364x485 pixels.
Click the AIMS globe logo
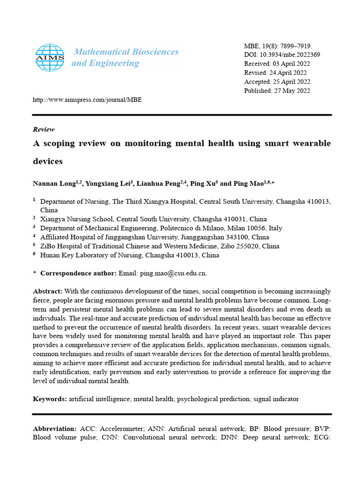(x=50, y=58)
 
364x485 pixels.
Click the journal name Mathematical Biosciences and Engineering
(x=125, y=57)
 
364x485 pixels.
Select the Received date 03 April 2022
(x=292, y=64)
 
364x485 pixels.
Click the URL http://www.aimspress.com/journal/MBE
(x=87, y=100)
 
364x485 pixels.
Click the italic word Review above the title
(x=44, y=129)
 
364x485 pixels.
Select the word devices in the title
(x=48, y=161)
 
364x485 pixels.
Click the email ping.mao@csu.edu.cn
(x=173, y=273)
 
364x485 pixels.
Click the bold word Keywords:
(x=50, y=399)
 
